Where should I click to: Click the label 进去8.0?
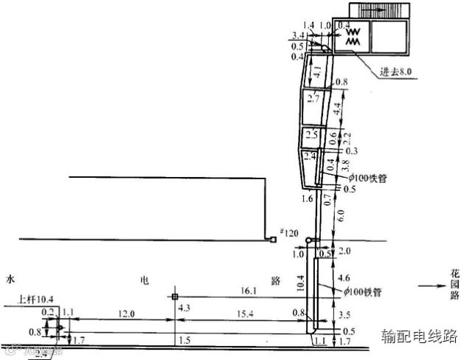(396, 72)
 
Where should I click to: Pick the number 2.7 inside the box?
(313, 98)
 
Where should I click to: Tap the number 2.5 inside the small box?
(312, 135)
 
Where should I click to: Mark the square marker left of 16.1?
(175, 297)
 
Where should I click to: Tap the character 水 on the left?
(10, 280)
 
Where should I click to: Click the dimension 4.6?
(342, 279)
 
